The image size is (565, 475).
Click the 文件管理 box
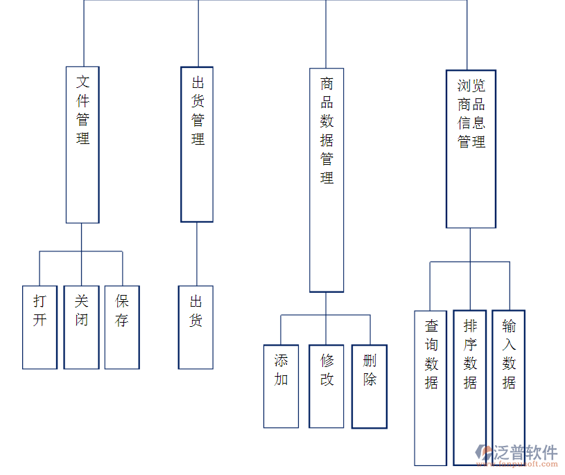point(82,145)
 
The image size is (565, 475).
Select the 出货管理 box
point(197,144)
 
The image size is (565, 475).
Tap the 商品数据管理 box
point(327,180)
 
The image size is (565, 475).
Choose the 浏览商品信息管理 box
point(471,149)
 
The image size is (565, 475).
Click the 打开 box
point(40,327)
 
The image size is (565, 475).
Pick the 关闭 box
point(81,327)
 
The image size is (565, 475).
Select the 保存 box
point(122,327)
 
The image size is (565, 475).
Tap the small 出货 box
point(195,327)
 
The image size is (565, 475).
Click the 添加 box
point(281,386)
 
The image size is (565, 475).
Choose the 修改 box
point(327,386)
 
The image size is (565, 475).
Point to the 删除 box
point(370,386)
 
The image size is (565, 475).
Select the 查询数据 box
point(431,388)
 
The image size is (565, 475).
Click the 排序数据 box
point(470,388)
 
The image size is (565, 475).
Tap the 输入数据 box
point(509,388)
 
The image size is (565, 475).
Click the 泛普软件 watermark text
point(525,453)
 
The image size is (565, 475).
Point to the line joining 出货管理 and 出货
point(197,253)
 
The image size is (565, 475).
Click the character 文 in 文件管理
point(82,82)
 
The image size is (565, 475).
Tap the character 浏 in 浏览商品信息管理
point(464,86)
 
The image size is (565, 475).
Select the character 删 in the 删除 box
point(370,361)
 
